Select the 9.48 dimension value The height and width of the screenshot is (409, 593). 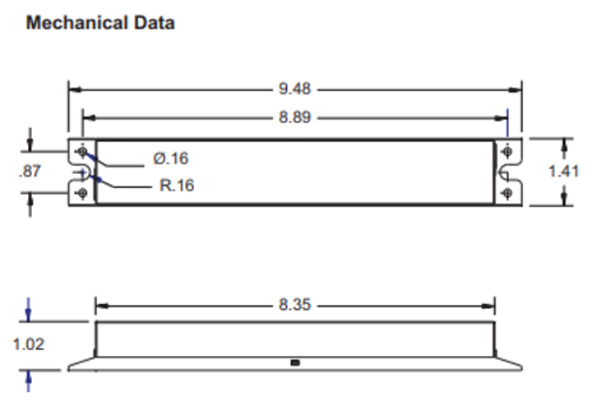coord(295,89)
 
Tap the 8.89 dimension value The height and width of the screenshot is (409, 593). coord(295,118)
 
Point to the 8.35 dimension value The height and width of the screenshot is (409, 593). coord(295,305)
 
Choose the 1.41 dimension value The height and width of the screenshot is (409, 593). coord(564,172)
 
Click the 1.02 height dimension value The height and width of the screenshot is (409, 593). coord(29,345)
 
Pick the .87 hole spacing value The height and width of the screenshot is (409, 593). coord(29,172)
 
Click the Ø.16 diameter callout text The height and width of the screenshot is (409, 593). coord(171,158)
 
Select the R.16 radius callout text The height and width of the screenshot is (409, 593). coord(176,185)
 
